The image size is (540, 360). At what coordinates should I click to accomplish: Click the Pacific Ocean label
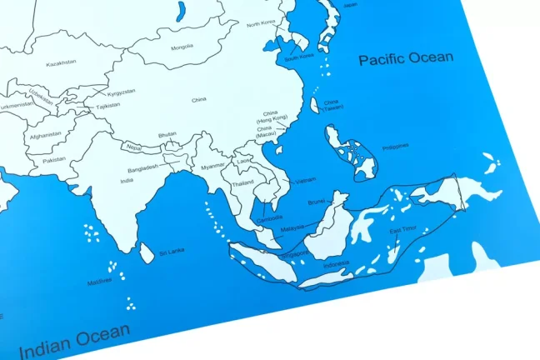click(x=406, y=58)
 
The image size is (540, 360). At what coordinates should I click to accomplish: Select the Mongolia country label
click(x=182, y=47)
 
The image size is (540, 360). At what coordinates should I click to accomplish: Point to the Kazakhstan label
click(x=61, y=62)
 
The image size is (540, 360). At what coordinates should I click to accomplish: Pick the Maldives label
click(x=99, y=281)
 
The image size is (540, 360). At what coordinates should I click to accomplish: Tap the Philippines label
click(x=396, y=146)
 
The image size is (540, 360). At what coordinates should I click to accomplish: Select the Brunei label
click(x=316, y=202)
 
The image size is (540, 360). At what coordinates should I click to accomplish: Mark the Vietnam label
click(x=305, y=180)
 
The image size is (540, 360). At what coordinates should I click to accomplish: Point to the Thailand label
click(x=242, y=182)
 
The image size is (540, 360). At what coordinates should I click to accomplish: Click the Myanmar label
click(x=212, y=166)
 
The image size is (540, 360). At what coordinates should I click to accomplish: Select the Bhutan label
click(x=167, y=133)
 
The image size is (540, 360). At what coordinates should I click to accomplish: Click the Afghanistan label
click(x=45, y=135)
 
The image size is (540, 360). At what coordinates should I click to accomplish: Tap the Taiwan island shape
click(x=314, y=106)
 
